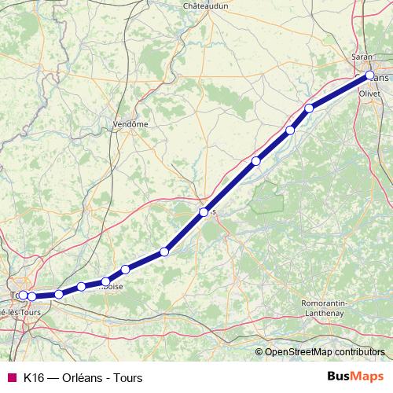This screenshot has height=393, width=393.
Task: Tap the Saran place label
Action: point(362,58)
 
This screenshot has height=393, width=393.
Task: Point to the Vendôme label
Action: point(130,124)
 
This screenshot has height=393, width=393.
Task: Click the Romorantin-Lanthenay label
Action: point(330,308)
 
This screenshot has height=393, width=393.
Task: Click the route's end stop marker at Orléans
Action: point(369,75)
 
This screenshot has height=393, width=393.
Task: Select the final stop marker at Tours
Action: point(23,295)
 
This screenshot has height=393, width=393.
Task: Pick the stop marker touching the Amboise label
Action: point(105,281)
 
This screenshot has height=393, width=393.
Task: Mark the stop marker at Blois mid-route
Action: point(204,212)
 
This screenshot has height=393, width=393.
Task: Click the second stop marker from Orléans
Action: point(310,108)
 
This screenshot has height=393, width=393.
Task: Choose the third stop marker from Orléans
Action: point(291,130)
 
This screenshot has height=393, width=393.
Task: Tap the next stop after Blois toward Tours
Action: point(164,252)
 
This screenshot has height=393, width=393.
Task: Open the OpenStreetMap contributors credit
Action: point(325,351)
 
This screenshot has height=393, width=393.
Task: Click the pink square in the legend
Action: point(11,377)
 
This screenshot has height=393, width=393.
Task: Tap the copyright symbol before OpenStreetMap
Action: point(259,351)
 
